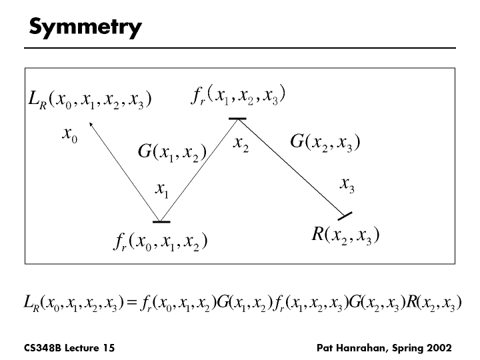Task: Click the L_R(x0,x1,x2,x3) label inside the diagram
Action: [91, 100]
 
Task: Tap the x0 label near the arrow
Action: [69, 135]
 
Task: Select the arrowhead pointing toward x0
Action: [92, 125]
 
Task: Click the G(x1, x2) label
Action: [170, 153]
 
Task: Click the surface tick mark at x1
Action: [161, 221]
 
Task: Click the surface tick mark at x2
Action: [237, 119]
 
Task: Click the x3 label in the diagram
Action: [347, 184]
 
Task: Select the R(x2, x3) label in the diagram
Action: [345, 235]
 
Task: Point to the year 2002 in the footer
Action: [439, 348]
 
